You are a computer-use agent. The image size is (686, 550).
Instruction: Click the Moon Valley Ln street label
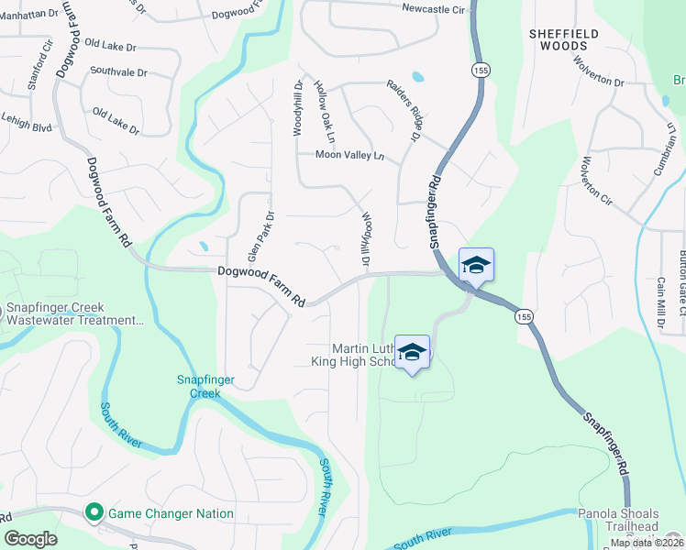[x=349, y=155]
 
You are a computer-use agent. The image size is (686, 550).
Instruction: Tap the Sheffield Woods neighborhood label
[x=564, y=39]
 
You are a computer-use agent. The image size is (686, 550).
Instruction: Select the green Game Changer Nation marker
[x=93, y=512]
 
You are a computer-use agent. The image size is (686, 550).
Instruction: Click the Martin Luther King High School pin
[x=413, y=353]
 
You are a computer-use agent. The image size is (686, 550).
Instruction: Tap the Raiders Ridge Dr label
[x=401, y=110]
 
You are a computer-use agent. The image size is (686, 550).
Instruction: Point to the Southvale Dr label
[x=120, y=70]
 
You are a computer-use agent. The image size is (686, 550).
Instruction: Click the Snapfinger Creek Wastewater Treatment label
[x=75, y=313]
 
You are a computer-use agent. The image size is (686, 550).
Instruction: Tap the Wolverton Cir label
[x=593, y=181]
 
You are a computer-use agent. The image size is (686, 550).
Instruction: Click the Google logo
[x=30, y=538]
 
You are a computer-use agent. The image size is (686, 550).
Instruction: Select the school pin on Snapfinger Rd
[x=476, y=265]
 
